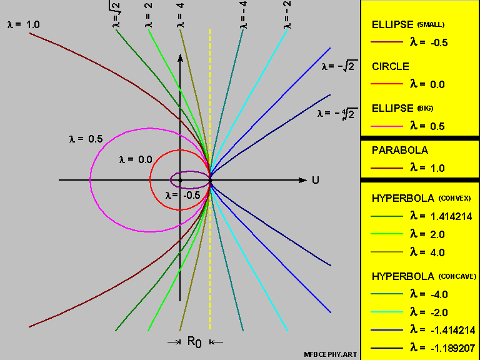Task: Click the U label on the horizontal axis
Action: (x=316, y=180)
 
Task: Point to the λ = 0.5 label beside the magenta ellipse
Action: (x=86, y=139)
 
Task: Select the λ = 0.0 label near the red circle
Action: (x=135, y=159)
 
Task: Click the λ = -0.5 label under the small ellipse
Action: (x=182, y=194)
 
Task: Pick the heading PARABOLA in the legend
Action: (x=399, y=151)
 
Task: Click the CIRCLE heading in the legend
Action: (x=391, y=67)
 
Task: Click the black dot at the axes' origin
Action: (x=180, y=181)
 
